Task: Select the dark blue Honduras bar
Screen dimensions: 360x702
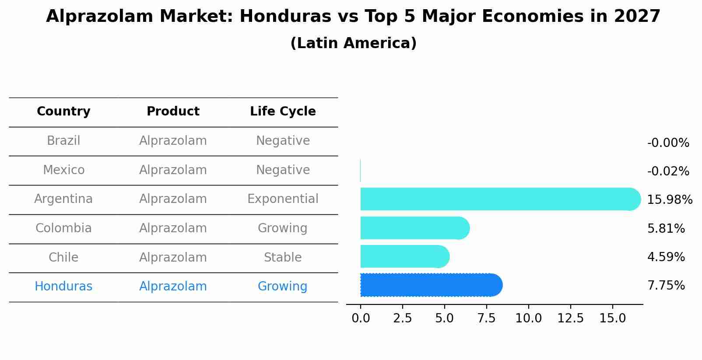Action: coord(431,285)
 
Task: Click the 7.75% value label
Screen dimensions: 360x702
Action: coord(666,286)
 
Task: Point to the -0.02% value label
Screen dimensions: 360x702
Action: coord(668,171)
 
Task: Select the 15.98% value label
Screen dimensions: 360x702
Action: coord(669,200)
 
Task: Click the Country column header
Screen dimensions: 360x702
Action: coord(63,112)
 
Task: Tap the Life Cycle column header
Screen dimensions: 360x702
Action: coord(283,112)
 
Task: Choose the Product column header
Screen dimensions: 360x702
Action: coord(173,112)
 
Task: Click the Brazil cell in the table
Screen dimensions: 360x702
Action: coord(63,141)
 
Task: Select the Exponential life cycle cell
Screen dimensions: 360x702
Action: coord(283,199)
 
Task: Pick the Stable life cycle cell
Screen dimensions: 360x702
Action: coord(283,258)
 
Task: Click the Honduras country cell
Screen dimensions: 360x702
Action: coord(63,287)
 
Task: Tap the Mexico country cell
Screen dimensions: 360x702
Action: coord(63,170)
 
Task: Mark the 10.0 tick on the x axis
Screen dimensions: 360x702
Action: coord(528,318)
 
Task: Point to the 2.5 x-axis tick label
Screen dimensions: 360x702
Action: coord(402,318)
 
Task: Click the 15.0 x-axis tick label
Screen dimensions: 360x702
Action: coord(612,318)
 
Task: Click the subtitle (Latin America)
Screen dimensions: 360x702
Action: coord(353,43)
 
